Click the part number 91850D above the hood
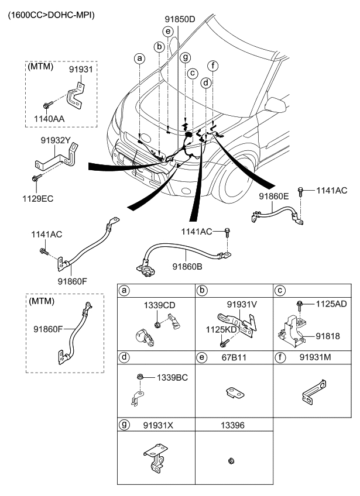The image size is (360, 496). click(179, 20)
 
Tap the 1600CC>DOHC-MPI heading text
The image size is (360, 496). click(50, 13)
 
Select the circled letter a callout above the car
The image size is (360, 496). click(139, 58)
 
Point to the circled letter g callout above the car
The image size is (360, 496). click(185, 57)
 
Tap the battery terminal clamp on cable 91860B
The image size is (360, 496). click(146, 269)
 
